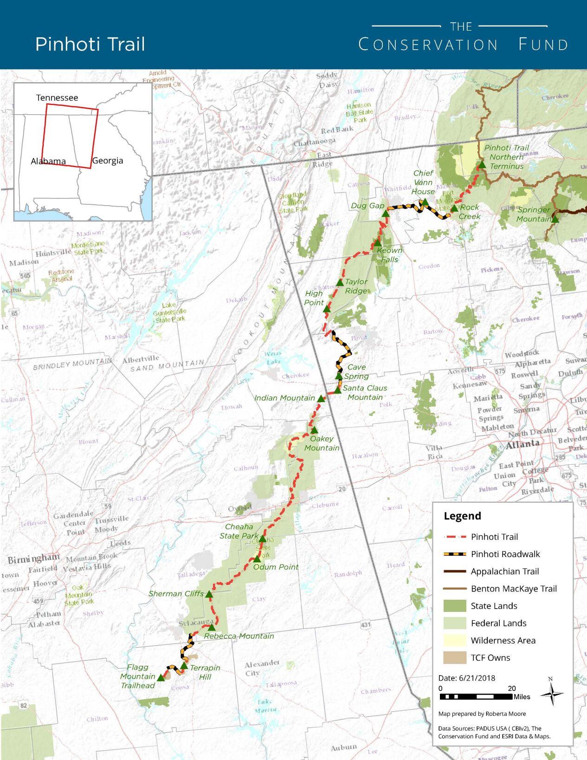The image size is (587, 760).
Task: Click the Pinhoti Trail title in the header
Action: (90, 44)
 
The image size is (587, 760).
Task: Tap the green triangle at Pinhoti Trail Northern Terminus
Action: (482, 165)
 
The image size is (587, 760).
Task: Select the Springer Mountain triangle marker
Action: (555, 219)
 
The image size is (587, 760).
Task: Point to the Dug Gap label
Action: (367, 206)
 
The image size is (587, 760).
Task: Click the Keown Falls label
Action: (389, 255)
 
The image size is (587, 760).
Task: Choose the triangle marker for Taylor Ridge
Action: (340, 282)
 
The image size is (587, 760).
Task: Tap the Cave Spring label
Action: (356, 371)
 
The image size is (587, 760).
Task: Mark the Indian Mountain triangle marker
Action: (321, 398)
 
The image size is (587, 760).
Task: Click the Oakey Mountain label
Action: (322, 443)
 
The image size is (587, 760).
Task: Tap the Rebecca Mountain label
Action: (239, 636)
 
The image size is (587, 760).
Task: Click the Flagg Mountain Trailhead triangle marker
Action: (161, 678)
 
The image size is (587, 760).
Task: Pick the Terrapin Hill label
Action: (205, 672)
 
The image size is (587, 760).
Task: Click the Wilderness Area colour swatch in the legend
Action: (454, 641)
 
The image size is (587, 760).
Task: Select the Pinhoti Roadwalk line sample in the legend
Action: (454, 554)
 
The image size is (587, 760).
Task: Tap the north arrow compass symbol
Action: (551, 694)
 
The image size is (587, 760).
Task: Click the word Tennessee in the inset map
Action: (57, 97)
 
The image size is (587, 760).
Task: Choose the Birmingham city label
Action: (33, 558)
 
